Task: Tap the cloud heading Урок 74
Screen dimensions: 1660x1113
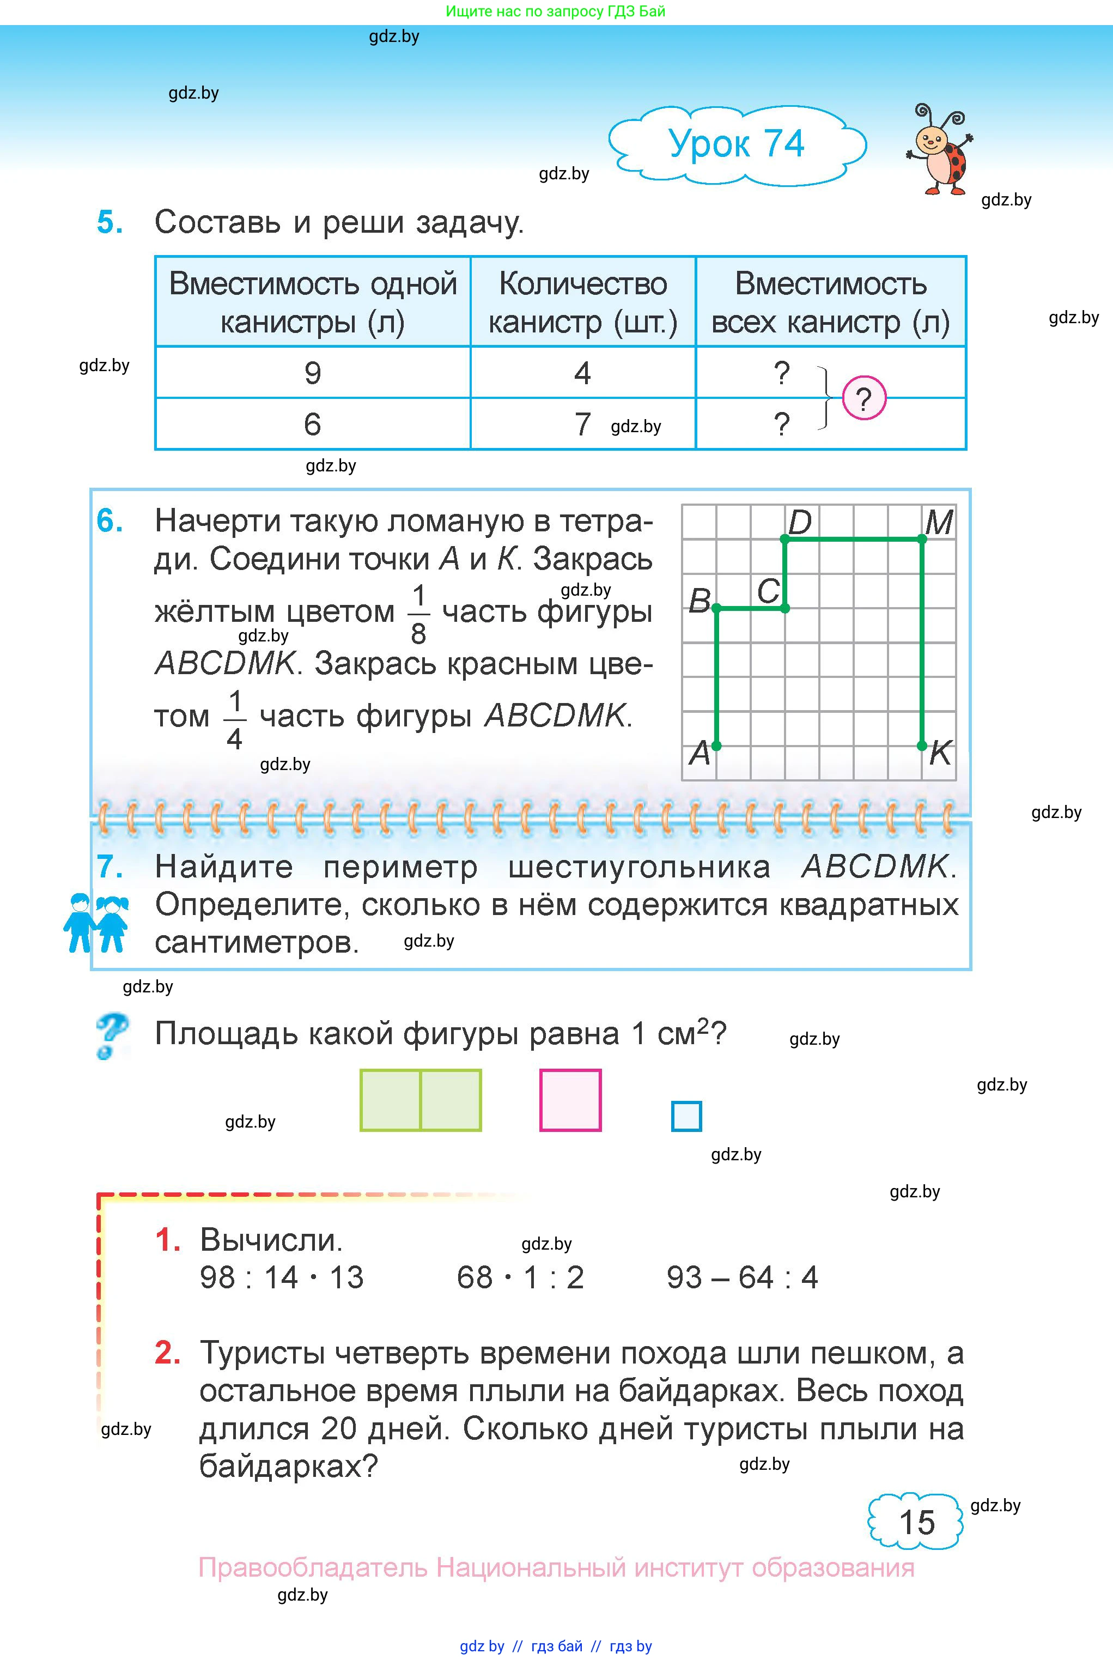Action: (x=736, y=144)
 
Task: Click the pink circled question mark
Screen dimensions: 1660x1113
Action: (x=864, y=399)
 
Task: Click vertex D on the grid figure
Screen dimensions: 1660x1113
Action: (x=785, y=540)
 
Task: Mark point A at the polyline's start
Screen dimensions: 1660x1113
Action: (x=716, y=746)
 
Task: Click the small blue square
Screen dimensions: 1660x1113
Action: (x=686, y=1116)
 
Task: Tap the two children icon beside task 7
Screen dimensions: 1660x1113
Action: (x=96, y=923)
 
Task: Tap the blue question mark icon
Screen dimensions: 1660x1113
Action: (x=112, y=1036)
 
